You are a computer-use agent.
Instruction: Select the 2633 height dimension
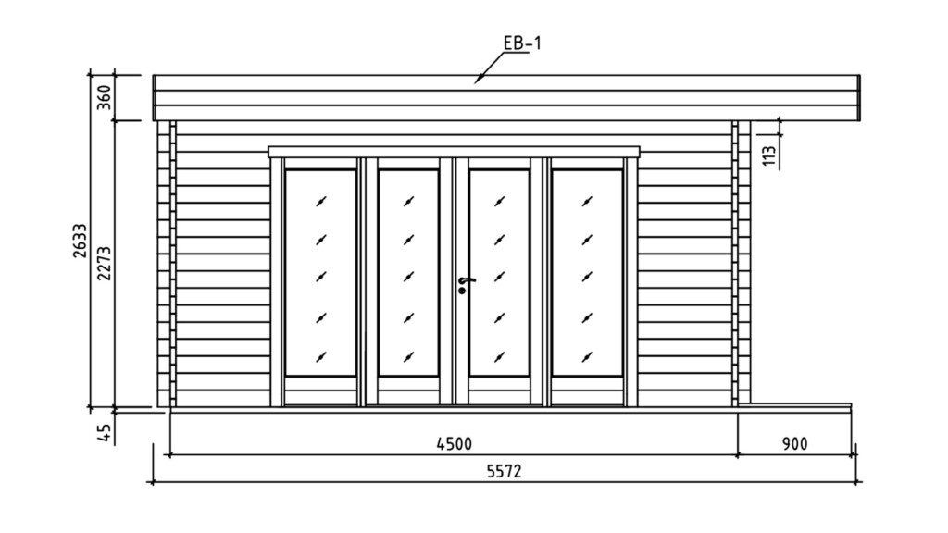pos(81,241)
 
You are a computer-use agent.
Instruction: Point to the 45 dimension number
pos(105,431)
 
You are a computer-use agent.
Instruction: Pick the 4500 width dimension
pos(455,444)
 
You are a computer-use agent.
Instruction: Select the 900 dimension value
pos(794,444)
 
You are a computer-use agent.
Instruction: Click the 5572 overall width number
pos(505,471)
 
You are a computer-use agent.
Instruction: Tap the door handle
pos(466,279)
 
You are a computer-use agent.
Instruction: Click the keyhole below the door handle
pos(462,291)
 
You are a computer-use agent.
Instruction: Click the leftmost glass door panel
pos(320,272)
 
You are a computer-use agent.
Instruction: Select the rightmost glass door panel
pos(587,272)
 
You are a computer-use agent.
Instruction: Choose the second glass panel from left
pos(408,272)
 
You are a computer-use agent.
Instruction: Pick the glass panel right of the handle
pos(499,272)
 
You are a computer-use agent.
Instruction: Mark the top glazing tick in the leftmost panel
pos(320,201)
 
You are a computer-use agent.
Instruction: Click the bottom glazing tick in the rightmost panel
pos(587,355)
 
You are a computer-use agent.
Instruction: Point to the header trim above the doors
pos(454,151)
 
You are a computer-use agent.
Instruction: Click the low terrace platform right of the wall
pos(801,405)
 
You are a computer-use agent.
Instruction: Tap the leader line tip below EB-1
pos(477,81)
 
